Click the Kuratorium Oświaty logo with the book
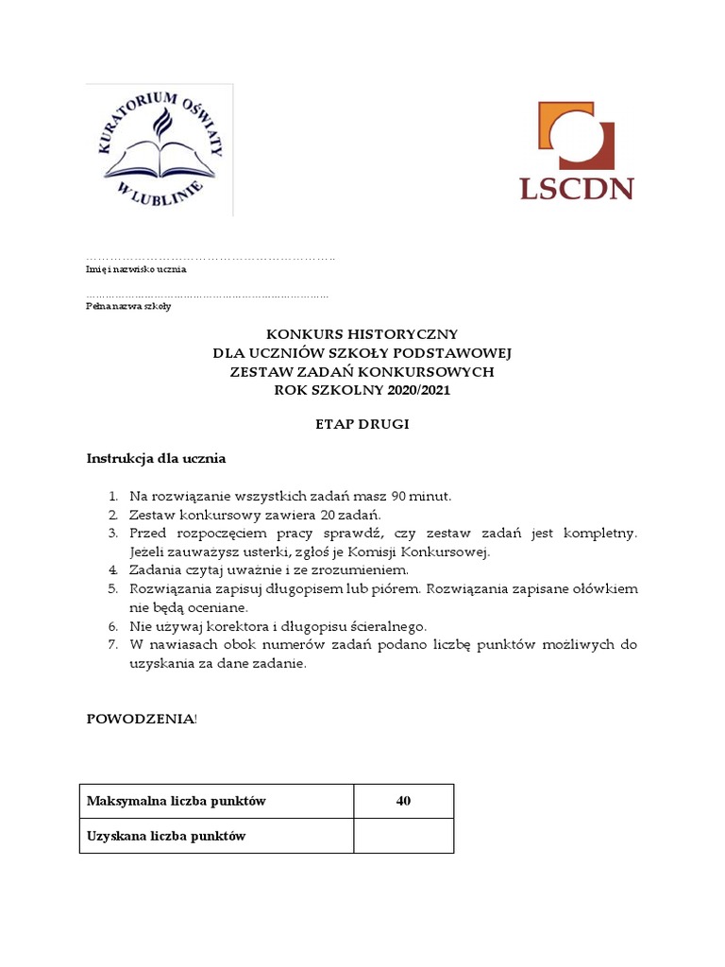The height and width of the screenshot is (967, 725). pos(160,150)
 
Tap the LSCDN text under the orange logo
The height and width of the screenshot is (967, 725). pos(576,187)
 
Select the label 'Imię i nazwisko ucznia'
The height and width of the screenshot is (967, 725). pos(136,269)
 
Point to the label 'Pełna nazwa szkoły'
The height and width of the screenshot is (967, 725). pos(128,307)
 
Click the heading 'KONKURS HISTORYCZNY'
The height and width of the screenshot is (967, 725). pos(362,334)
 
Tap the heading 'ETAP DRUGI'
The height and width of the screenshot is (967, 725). pos(362,425)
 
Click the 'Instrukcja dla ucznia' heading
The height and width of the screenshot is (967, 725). pos(156,459)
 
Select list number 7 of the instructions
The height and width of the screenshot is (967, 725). pos(110,645)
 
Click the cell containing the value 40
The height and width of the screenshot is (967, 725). pos(403,802)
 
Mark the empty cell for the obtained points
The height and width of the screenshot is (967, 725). pos(403,837)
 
